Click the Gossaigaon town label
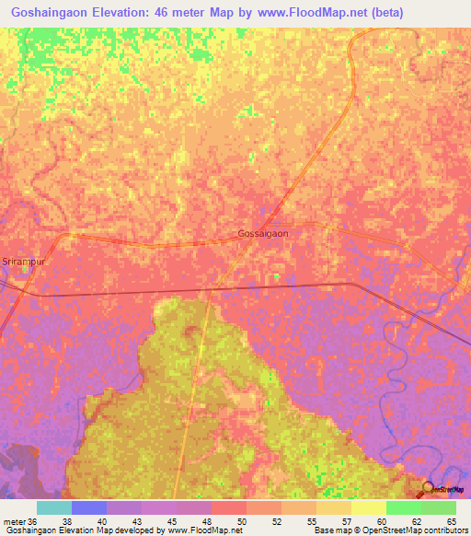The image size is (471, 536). point(263,233)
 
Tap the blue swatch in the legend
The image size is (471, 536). point(88,507)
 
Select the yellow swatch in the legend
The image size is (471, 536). point(368,507)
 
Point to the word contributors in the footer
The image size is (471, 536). point(445,530)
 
